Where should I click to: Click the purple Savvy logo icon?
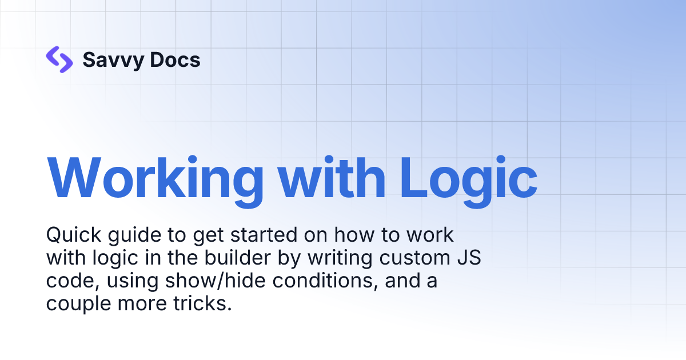(x=59, y=59)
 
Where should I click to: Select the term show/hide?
(x=205, y=281)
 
